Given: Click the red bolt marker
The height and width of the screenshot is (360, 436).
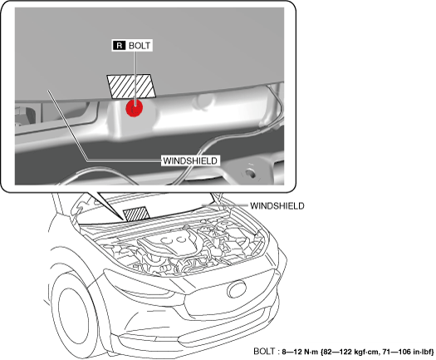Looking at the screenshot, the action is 135,108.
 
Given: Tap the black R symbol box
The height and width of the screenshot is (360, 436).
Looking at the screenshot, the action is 119,46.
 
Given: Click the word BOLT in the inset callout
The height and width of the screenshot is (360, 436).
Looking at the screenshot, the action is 140,46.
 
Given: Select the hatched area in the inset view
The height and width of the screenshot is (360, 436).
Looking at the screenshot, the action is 131,86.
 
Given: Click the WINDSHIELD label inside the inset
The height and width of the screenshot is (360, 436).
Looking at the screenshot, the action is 190,160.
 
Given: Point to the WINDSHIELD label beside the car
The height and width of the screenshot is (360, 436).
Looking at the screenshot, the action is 277,205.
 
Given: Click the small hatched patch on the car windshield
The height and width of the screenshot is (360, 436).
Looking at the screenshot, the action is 136,214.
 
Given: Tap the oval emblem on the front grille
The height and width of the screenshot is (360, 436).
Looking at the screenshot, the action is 237,289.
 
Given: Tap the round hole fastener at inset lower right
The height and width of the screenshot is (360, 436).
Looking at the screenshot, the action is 250,174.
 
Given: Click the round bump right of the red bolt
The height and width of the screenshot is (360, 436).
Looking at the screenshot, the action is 204,101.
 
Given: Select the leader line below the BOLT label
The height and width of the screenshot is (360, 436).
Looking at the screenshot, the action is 135,78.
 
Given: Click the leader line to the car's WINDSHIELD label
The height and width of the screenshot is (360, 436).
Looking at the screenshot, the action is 225,205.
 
